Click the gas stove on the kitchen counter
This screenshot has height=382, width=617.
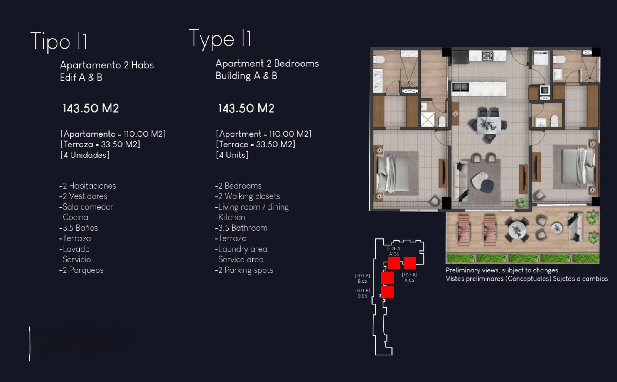pyautogui.click(x=487, y=56)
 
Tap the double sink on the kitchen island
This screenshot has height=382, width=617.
pyautogui.click(x=460, y=87)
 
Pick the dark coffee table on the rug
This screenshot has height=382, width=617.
pyautogui.click(x=487, y=186)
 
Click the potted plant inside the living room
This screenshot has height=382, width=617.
pyautogui.click(x=521, y=203)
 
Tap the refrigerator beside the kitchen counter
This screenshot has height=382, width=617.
pyautogui.click(x=460, y=57)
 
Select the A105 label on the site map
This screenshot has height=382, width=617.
pyautogui.click(x=409, y=280)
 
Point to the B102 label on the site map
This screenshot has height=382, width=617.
pyautogui.click(x=362, y=281)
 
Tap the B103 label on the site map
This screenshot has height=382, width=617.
pyautogui.click(x=362, y=296)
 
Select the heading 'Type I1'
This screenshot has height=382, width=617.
pyautogui.click(x=220, y=39)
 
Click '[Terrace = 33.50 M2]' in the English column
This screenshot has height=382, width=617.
pyautogui.click(x=255, y=144)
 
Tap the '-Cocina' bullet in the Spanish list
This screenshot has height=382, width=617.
pyautogui.click(x=74, y=217)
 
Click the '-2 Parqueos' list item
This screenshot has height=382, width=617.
pyautogui.click(x=81, y=270)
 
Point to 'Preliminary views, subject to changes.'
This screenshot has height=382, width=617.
pyautogui.click(x=502, y=270)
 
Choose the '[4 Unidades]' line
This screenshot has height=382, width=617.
pyautogui.click(x=85, y=155)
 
